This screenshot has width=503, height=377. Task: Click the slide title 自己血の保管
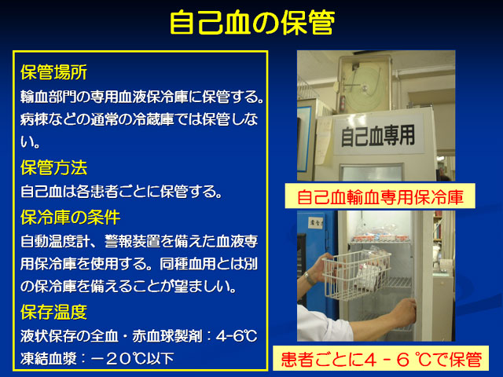252,22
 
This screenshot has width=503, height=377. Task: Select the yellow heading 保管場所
54,72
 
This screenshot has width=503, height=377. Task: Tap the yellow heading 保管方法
54,167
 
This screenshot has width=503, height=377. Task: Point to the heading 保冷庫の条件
71,218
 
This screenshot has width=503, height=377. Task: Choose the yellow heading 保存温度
54,312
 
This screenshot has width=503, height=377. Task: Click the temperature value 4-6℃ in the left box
237,336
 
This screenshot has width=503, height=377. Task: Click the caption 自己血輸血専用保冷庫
380,196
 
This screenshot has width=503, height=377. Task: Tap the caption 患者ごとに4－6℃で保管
381,359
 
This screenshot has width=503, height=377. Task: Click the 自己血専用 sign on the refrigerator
378,136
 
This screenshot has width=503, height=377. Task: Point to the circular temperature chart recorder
365,84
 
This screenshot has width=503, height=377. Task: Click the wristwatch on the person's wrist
309,278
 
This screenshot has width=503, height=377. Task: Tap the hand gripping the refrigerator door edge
403,312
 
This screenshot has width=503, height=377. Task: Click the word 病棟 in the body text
35,119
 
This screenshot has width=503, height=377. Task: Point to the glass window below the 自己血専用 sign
372,173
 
